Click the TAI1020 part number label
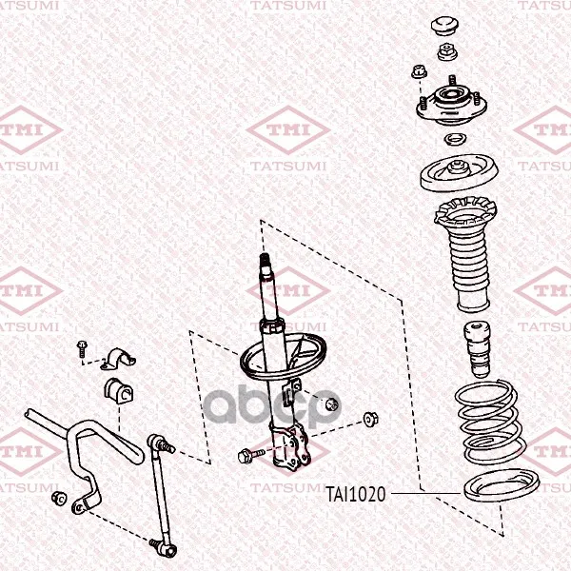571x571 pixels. click(x=355, y=494)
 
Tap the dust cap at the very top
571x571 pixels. click(x=445, y=26)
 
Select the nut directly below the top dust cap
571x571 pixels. click(x=447, y=52)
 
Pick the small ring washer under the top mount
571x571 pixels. click(x=455, y=140)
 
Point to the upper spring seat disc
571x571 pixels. click(x=459, y=172)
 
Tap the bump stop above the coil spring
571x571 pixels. click(x=477, y=349)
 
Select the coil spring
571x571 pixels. click(x=490, y=423)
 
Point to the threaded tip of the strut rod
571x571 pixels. click(x=265, y=260)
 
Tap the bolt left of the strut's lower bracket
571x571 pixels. click(x=250, y=455)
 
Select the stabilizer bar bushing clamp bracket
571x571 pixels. click(x=118, y=359)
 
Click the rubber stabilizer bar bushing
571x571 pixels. click(x=119, y=389)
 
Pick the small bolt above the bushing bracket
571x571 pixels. click(x=82, y=349)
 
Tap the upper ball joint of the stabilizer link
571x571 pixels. click(x=160, y=443)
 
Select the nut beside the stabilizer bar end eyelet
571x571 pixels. click(x=59, y=498)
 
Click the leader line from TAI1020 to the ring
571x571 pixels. click(x=425, y=493)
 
